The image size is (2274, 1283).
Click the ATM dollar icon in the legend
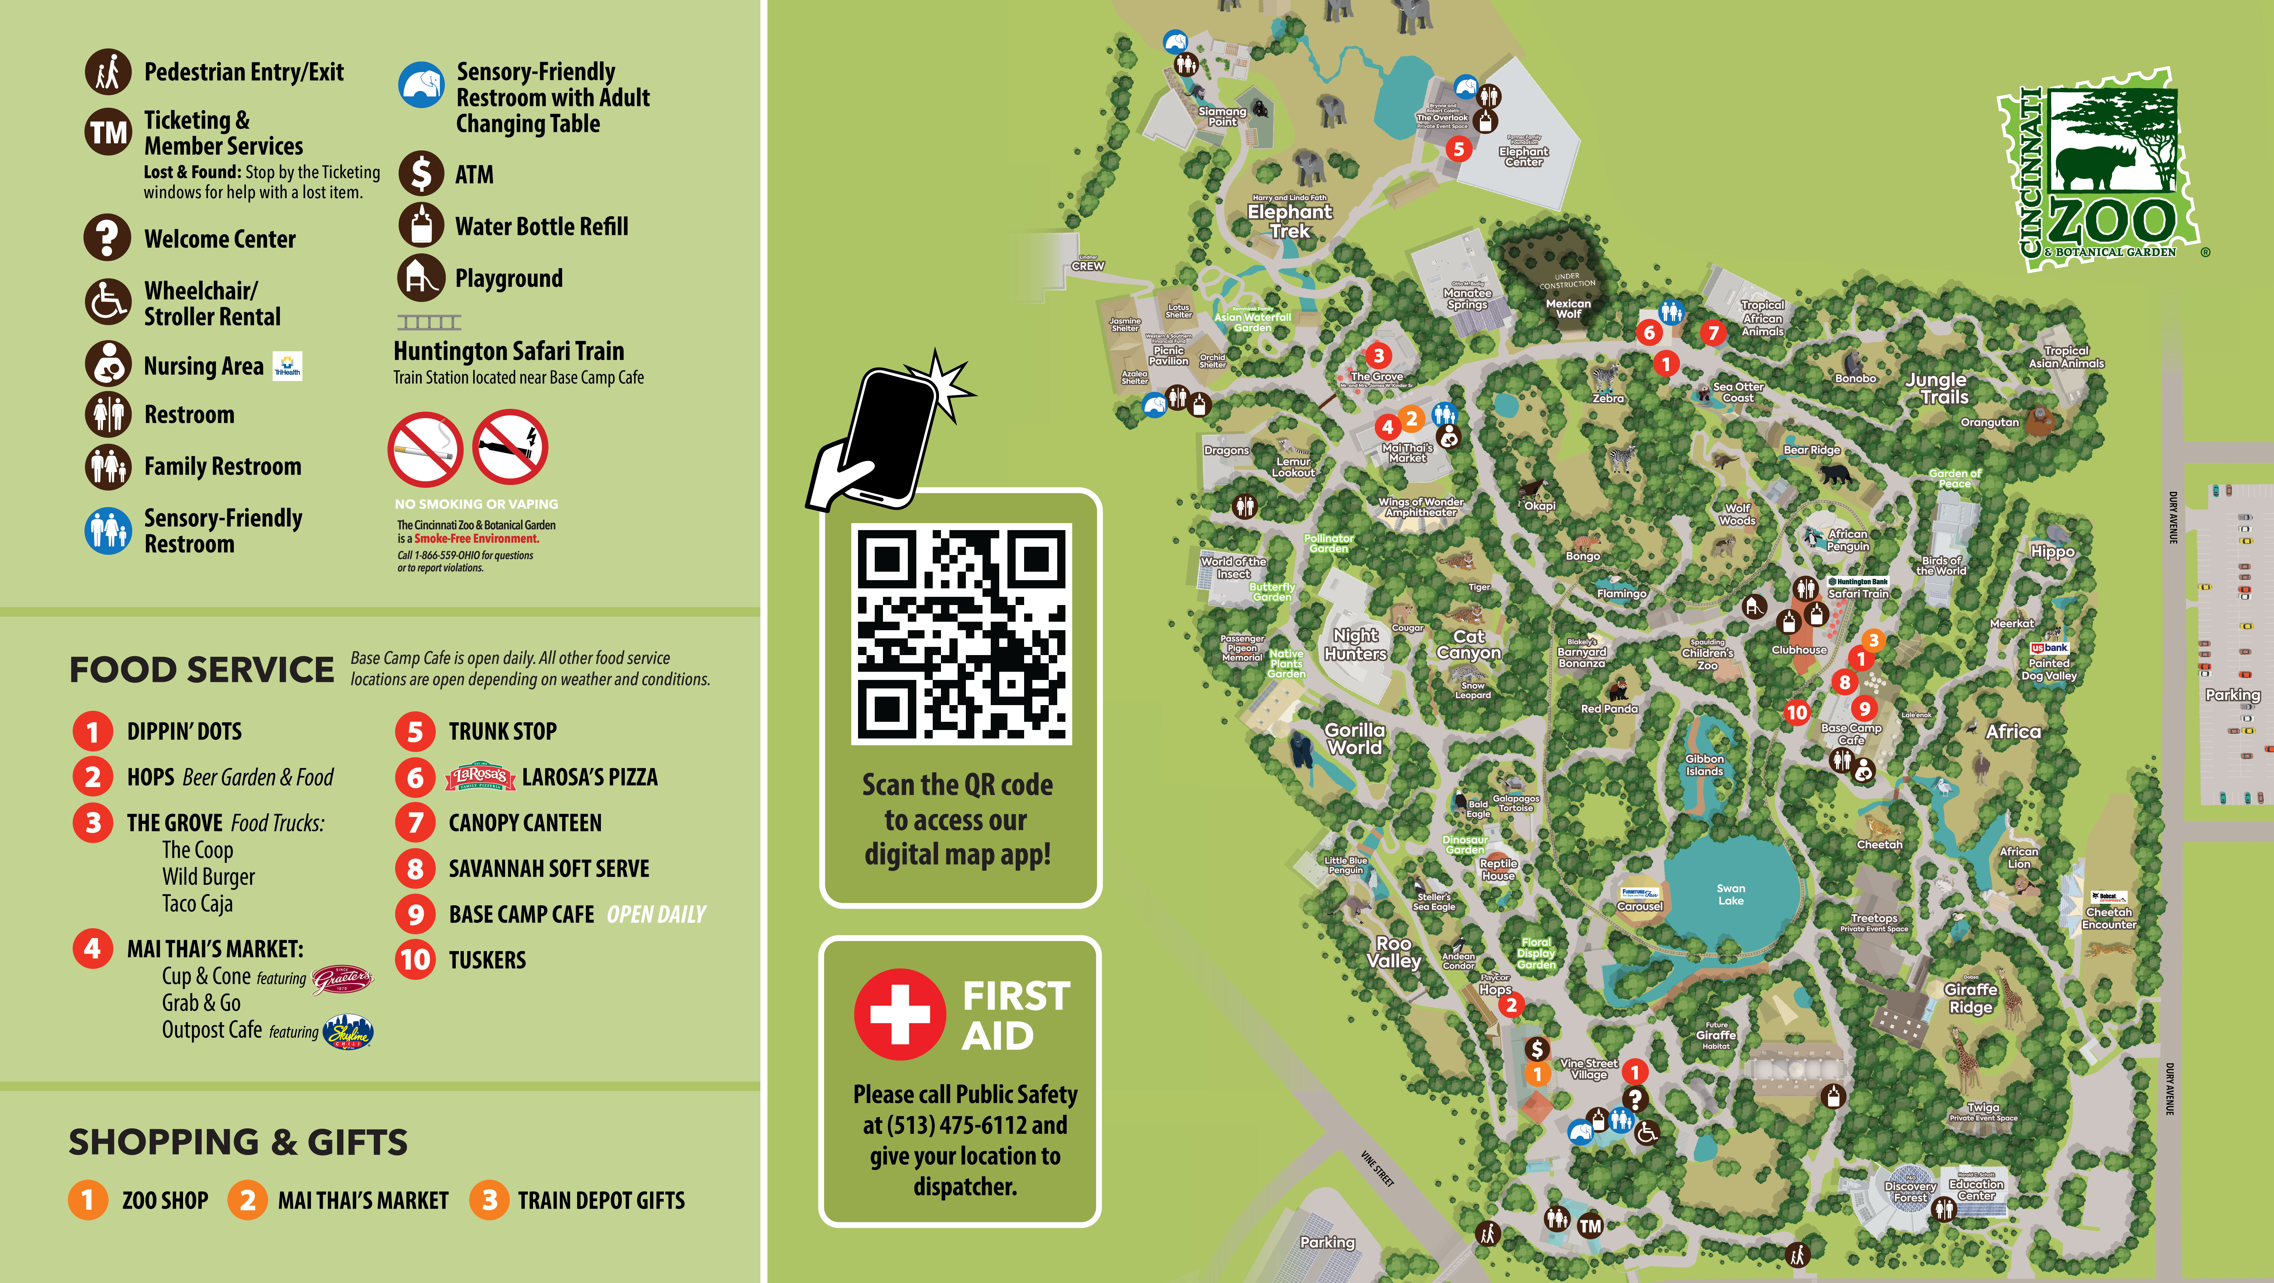pos(421,174)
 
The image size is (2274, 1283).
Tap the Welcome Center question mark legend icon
pos(108,238)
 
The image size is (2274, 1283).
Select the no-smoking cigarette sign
pos(425,449)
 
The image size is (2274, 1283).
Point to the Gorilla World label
pos(1354,738)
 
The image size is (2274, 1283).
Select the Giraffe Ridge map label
pos(1970,998)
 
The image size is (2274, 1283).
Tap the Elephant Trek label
pos(1290,221)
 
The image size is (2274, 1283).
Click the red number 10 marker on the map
pos(1796,712)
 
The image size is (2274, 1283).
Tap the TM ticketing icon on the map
pos(1590,1226)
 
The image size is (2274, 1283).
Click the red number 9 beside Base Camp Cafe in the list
pos(415,914)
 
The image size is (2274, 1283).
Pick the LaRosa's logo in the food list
pos(479,777)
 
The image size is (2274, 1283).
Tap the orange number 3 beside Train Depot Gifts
pos(489,1200)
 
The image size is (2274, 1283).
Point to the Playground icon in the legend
pos(421,278)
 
